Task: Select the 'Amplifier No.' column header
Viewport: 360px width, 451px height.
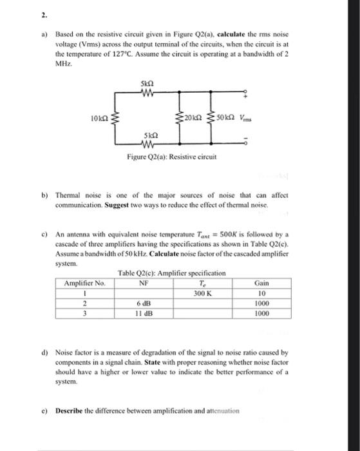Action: (86, 282)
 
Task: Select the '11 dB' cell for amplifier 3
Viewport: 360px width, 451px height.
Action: (144, 315)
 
